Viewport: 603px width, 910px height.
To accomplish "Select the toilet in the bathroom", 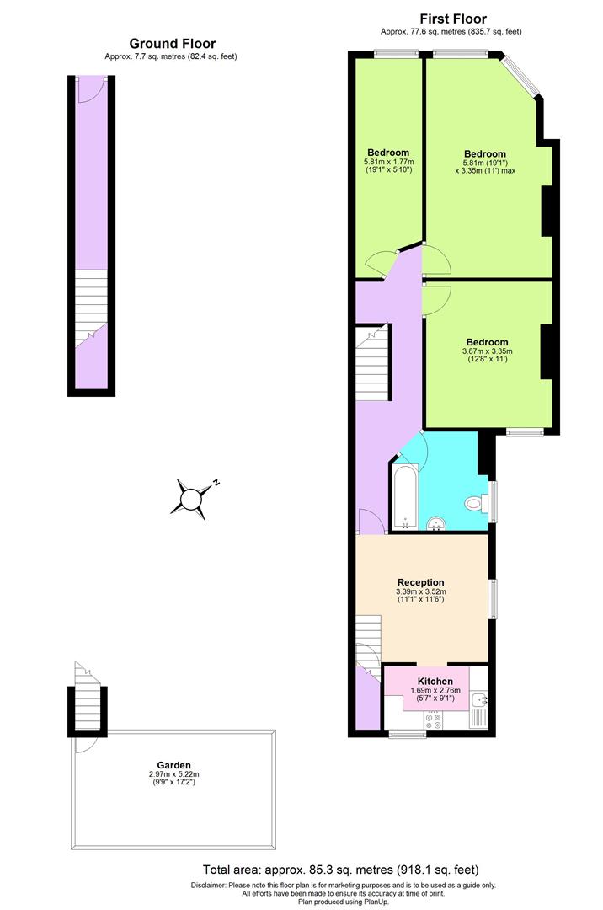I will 476,504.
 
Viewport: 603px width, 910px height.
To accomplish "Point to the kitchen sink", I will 479,700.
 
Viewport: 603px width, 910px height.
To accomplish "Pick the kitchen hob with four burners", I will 434,720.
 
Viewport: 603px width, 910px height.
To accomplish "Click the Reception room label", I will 420,582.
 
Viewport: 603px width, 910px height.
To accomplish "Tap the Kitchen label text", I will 435,681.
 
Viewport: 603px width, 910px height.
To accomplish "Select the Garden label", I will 173,765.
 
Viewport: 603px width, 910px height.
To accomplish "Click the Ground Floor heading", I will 172,44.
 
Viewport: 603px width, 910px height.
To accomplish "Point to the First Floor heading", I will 453,19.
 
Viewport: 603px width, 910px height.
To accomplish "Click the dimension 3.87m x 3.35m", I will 487,351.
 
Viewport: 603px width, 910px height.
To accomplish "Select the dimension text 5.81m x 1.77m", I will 388,162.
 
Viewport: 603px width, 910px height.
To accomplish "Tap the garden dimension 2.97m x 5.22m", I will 173,774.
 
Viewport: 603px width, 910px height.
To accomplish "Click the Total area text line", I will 341,870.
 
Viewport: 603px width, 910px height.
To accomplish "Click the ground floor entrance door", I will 89,89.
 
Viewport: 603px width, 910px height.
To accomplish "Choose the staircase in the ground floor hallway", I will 91,308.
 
